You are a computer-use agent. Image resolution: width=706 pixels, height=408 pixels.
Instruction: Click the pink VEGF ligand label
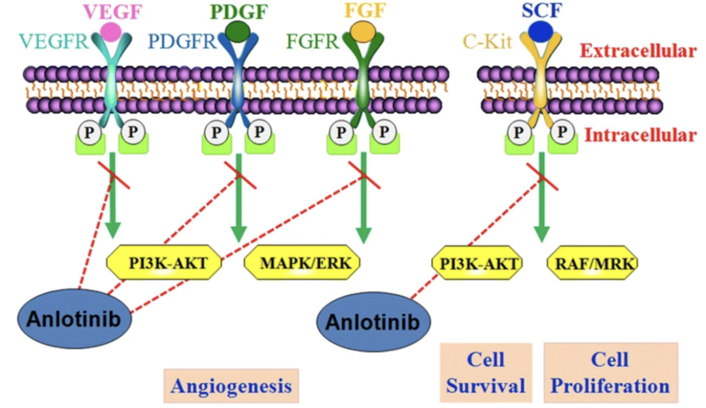click(x=109, y=12)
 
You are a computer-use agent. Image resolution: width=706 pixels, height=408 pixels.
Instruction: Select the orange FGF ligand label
click(x=364, y=12)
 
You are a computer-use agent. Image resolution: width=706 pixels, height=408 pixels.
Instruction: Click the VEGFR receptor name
click(x=52, y=42)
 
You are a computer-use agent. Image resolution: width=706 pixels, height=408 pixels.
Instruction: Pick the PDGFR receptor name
click(x=182, y=42)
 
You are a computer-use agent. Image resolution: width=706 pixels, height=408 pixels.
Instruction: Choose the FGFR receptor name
click(x=313, y=42)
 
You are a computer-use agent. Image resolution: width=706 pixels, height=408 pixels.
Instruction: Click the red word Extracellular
click(x=638, y=50)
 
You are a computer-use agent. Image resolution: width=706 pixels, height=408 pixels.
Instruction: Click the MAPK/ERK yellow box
click(x=302, y=263)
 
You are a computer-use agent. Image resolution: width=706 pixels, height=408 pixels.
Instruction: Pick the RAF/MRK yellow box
click(x=592, y=263)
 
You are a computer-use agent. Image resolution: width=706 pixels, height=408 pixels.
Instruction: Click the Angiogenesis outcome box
click(x=231, y=386)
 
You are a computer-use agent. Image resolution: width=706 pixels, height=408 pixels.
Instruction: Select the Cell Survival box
click(x=486, y=372)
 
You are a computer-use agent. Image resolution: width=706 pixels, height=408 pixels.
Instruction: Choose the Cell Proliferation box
click(x=611, y=372)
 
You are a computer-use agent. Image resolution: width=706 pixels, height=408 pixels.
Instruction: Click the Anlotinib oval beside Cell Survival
click(x=374, y=322)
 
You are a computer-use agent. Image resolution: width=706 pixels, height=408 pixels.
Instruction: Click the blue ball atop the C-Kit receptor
click(x=541, y=31)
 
